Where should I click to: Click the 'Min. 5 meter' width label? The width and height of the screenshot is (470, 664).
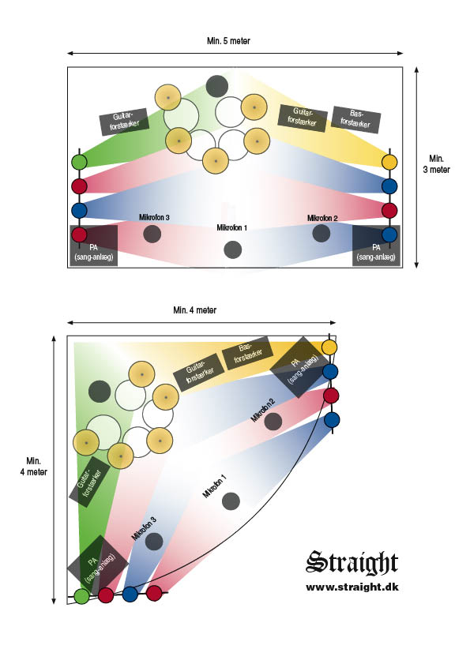[x=228, y=41]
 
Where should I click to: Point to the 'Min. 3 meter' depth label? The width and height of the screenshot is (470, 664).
[x=436, y=164]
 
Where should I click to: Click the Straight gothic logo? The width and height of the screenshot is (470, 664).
[x=352, y=563]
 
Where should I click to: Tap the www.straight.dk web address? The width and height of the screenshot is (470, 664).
[x=352, y=587]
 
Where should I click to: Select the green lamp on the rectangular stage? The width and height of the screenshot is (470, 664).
[x=79, y=162]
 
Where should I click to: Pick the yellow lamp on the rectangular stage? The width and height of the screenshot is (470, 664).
[x=389, y=162]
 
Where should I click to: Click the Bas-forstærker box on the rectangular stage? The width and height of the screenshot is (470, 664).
[x=355, y=119]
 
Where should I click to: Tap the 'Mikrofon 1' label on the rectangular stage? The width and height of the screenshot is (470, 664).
[x=231, y=228]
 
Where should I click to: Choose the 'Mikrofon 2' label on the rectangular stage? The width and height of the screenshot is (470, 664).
[x=322, y=218]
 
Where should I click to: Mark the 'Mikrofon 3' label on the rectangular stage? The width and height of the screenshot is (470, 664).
[x=154, y=217]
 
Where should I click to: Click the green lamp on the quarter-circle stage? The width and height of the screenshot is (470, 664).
[x=82, y=596]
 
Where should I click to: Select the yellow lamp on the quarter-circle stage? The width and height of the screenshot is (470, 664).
[x=329, y=347]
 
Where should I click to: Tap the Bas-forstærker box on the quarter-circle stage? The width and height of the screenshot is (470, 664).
[x=247, y=353]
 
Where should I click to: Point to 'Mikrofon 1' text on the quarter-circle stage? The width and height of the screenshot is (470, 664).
[x=214, y=486]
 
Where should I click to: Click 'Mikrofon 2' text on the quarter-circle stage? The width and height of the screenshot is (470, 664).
[x=263, y=411]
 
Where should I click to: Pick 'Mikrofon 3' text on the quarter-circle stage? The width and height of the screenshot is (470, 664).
[x=144, y=528]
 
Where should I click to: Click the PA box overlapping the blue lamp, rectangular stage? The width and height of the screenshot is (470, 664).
[x=376, y=246]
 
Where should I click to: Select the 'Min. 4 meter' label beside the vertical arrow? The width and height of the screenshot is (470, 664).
[x=33, y=467]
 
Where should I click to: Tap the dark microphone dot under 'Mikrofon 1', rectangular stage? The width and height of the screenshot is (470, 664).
[x=233, y=249]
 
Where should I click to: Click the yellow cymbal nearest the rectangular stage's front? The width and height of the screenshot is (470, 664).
[x=216, y=161]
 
